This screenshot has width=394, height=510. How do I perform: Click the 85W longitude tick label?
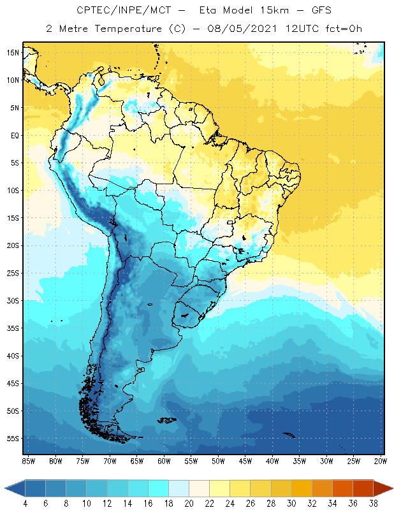coord(28,461)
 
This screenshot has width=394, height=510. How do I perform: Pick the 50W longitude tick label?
coord(218,461)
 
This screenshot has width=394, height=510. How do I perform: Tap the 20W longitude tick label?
coord(381,461)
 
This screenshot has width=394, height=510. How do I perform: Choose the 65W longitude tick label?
coord(136,461)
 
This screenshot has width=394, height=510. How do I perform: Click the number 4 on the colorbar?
coord(26,504)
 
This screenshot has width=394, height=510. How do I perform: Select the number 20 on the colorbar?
coord(188,504)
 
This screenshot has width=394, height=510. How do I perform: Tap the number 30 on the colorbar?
coord(290,504)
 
